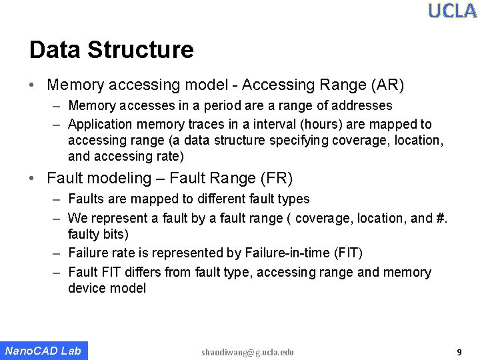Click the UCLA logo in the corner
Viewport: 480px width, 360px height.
pos(452,11)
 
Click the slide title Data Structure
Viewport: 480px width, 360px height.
pos(111,50)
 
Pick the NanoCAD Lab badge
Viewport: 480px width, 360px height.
pos(43,351)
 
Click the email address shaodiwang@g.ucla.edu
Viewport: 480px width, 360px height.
pos(247,352)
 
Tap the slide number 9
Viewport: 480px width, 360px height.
pos(459,351)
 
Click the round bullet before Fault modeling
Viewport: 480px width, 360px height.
pos(32,179)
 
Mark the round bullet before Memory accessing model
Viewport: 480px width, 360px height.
pos(32,85)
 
